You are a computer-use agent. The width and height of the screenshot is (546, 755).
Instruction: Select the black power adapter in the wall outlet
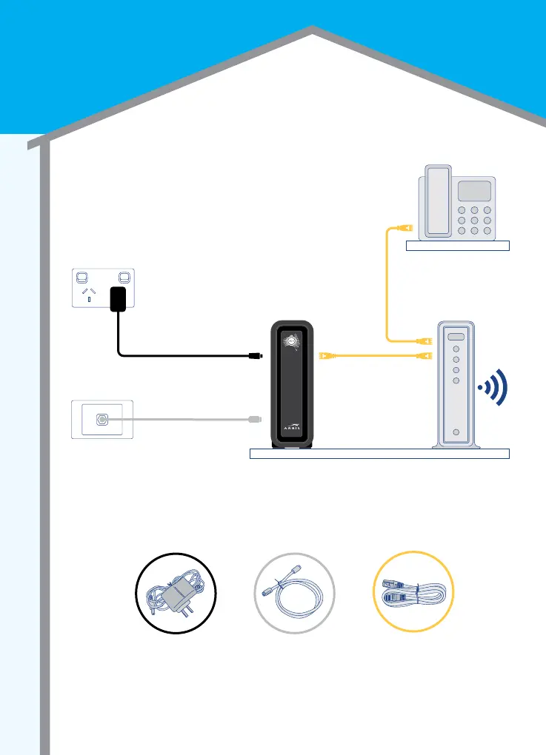pyautogui.click(x=118, y=300)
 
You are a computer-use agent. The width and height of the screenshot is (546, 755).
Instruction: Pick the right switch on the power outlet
pyautogui.click(x=124, y=280)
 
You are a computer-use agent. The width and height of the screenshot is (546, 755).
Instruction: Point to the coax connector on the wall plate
pyautogui.click(x=102, y=419)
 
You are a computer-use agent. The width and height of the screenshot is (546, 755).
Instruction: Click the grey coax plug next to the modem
pyautogui.click(x=253, y=419)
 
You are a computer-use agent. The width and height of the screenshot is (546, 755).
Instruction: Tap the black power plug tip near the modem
pyautogui.click(x=253, y=356)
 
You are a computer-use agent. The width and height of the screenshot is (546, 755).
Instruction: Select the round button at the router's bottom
pyautogui.click(x=456, y=432)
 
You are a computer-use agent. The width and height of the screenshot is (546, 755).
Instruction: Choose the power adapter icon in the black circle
pyautogui.click(x=176, y=592)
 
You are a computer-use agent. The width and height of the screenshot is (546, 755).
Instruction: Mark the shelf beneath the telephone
pyautogui.click(x=458, y=246)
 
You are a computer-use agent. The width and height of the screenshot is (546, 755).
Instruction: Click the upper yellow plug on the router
pyautogui.click(x=425, y=341)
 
